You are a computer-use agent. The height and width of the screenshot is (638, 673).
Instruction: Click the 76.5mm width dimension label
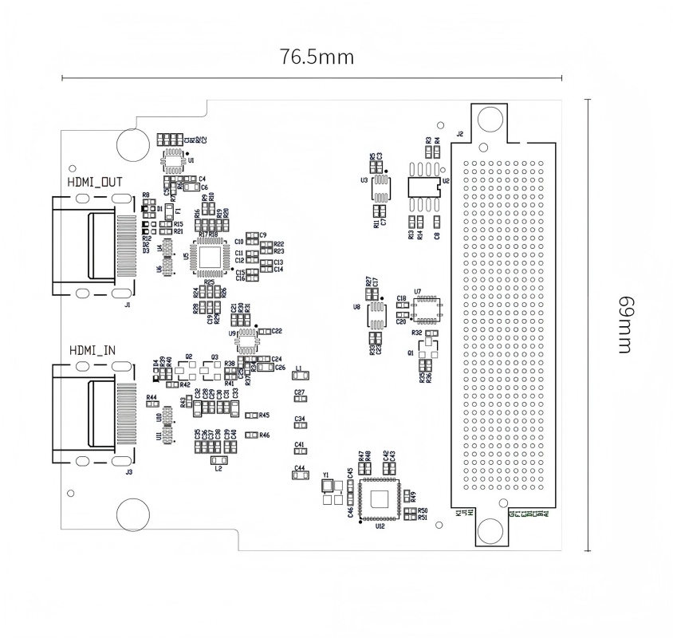click(317, 58)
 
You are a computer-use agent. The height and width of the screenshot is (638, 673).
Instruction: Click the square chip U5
click(211, 257)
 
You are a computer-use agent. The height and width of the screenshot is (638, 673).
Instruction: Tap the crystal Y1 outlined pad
click(326, 488)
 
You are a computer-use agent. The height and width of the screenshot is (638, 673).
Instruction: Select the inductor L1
click(300, 375)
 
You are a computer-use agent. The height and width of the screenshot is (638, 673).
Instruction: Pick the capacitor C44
click(300, 476)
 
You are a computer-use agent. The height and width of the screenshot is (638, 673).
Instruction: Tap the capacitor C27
click(300, 401)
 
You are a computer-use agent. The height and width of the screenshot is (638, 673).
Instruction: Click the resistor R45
click(252, 415)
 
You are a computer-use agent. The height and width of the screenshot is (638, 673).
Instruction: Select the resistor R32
click(432, 333)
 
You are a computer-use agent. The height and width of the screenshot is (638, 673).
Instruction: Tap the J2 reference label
click(459, 134)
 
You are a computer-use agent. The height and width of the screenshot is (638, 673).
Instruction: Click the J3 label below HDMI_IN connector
click(129, 472)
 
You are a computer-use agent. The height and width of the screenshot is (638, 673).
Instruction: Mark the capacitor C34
click(300, 426)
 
